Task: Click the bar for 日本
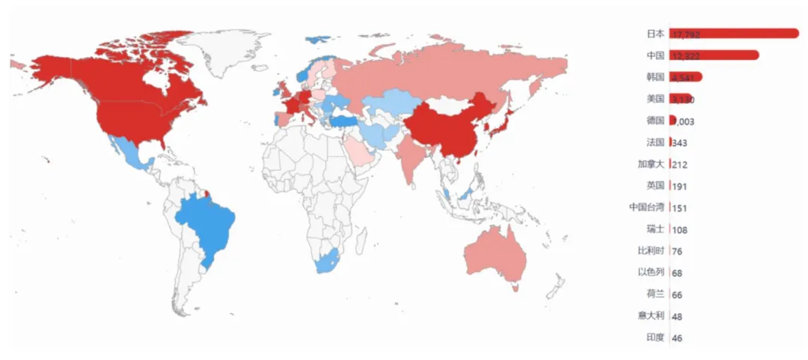(733, 33)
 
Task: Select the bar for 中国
(714, 55)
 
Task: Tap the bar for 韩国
(685, 76)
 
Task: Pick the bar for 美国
(681, 98)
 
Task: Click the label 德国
(655, 120)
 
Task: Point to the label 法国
(655, 142)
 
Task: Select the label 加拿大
(651, 164)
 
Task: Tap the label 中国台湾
(646, 207)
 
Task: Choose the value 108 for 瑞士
(679, 230)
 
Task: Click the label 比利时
(651, 251)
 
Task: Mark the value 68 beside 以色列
(677, 273)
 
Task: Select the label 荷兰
(655, 294)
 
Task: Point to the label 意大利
(651, 316)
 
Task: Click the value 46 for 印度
(677, 338)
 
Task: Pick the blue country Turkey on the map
(346, 120)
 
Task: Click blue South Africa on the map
(328, 262)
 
